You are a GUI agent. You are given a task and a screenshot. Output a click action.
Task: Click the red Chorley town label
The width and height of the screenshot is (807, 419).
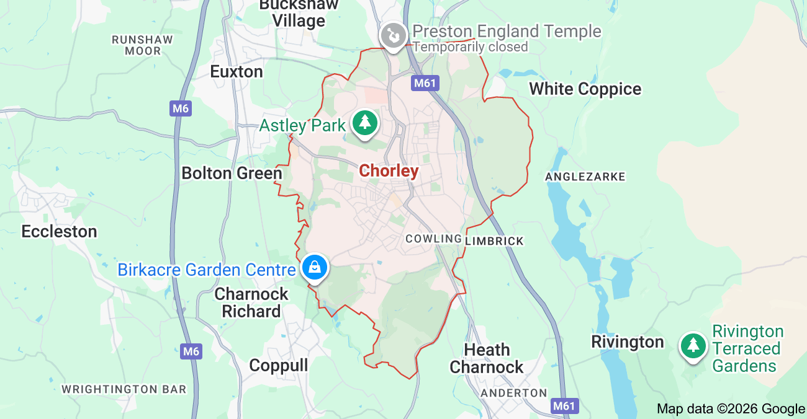389,171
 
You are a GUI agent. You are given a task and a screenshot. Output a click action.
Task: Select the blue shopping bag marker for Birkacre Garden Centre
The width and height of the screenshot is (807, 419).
315,268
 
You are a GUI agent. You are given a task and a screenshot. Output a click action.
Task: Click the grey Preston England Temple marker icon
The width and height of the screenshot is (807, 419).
393,35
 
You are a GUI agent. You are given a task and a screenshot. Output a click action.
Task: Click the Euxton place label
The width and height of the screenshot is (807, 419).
237,72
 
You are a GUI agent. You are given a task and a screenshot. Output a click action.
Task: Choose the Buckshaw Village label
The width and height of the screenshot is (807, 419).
300,13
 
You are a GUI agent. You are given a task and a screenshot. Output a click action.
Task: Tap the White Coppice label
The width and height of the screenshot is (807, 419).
585,89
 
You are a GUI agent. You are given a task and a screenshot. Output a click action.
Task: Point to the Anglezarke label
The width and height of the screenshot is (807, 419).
585,177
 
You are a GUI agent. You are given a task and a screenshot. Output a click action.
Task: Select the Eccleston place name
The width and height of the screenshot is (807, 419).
59,232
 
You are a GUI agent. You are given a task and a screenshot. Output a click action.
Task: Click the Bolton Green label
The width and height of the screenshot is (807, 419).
232,174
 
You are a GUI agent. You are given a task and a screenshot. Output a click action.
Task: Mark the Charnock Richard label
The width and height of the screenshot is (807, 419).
251,302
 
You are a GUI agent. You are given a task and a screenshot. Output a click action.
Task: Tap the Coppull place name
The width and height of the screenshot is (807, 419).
278,366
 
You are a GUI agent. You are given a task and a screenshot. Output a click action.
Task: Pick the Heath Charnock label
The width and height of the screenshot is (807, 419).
487,359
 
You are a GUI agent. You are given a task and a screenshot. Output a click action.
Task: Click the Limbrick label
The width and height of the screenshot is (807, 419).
495,241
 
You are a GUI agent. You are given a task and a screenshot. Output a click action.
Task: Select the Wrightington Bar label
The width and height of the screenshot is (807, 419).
124,390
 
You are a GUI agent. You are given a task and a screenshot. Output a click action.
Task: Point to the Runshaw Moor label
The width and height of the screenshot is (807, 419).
142,45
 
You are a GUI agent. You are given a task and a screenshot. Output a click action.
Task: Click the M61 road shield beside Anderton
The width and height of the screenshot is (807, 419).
564,406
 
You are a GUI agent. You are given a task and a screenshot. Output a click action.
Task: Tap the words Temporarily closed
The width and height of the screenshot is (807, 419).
471,47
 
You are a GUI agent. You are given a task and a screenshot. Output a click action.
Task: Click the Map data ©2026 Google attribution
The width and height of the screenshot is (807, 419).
731,408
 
